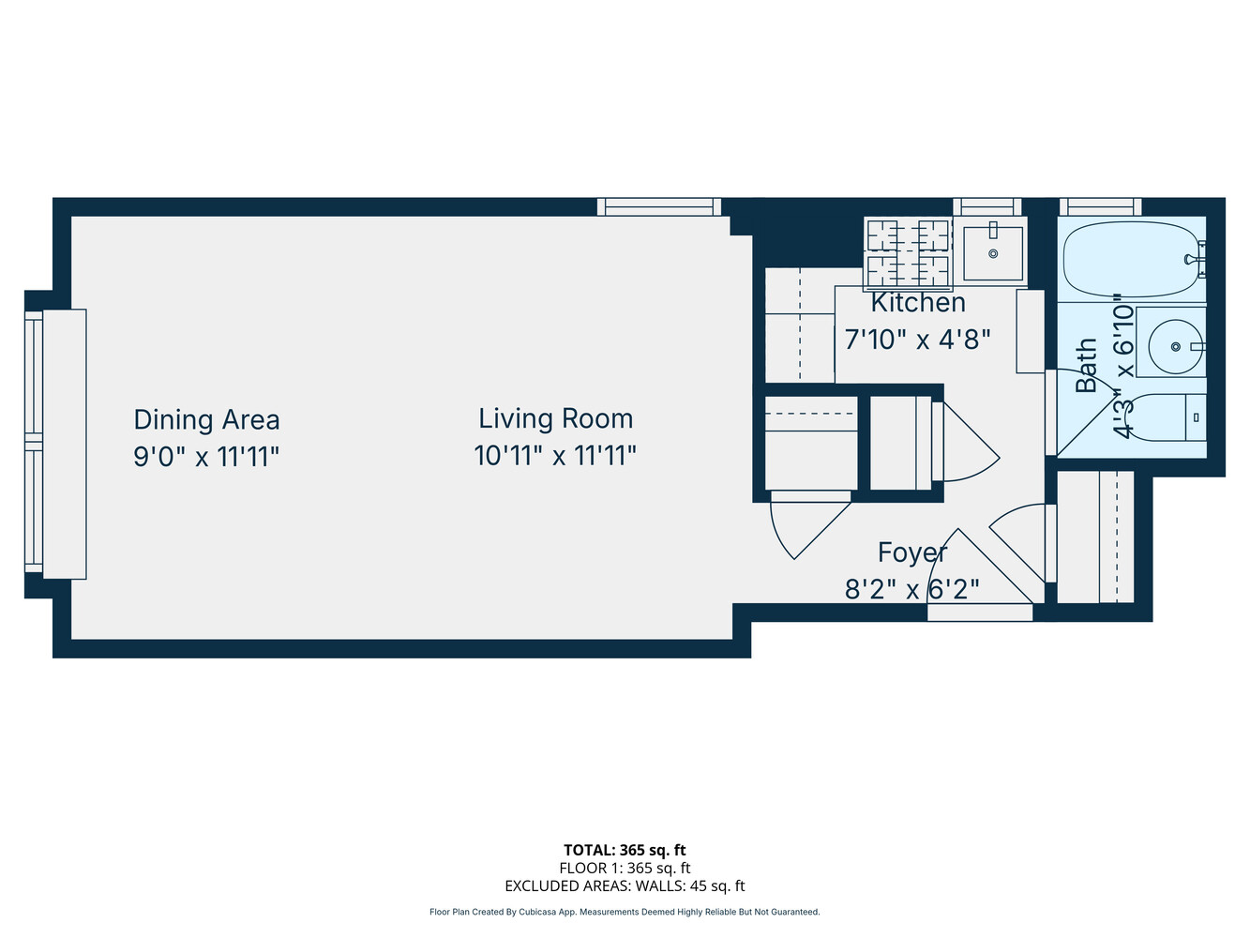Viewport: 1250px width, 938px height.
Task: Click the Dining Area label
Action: pos(206,419)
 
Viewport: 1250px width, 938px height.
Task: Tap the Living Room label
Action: pos(555,418)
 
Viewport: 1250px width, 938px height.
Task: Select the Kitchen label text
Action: pos(918,302)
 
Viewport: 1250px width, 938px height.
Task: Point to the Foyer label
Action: pos(911,552)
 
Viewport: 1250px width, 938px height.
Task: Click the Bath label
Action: pos(1086,365)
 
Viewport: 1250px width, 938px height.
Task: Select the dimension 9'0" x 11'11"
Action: pos(206,457)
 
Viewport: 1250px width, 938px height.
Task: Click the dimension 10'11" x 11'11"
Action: pos(555,456)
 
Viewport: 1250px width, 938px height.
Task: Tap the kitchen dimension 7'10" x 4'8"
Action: pos(917,339)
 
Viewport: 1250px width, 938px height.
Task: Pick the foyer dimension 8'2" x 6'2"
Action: pos(911,589)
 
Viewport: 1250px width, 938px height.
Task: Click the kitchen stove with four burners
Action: pos(907,251)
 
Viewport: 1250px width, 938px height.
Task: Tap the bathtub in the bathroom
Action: pos(1132,260)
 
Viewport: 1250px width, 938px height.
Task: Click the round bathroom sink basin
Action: pos(1176,345)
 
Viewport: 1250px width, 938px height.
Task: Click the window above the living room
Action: pos(659,206)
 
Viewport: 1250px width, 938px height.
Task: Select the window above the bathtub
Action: pos(1100,206)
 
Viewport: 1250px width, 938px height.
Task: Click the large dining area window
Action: pos(34,444)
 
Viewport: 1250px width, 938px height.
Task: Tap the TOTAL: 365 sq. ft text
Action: pos(625,850)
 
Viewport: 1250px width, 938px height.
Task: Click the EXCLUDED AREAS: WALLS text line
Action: pos(625,885)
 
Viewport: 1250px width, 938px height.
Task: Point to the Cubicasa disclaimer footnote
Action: pos(625,912)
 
